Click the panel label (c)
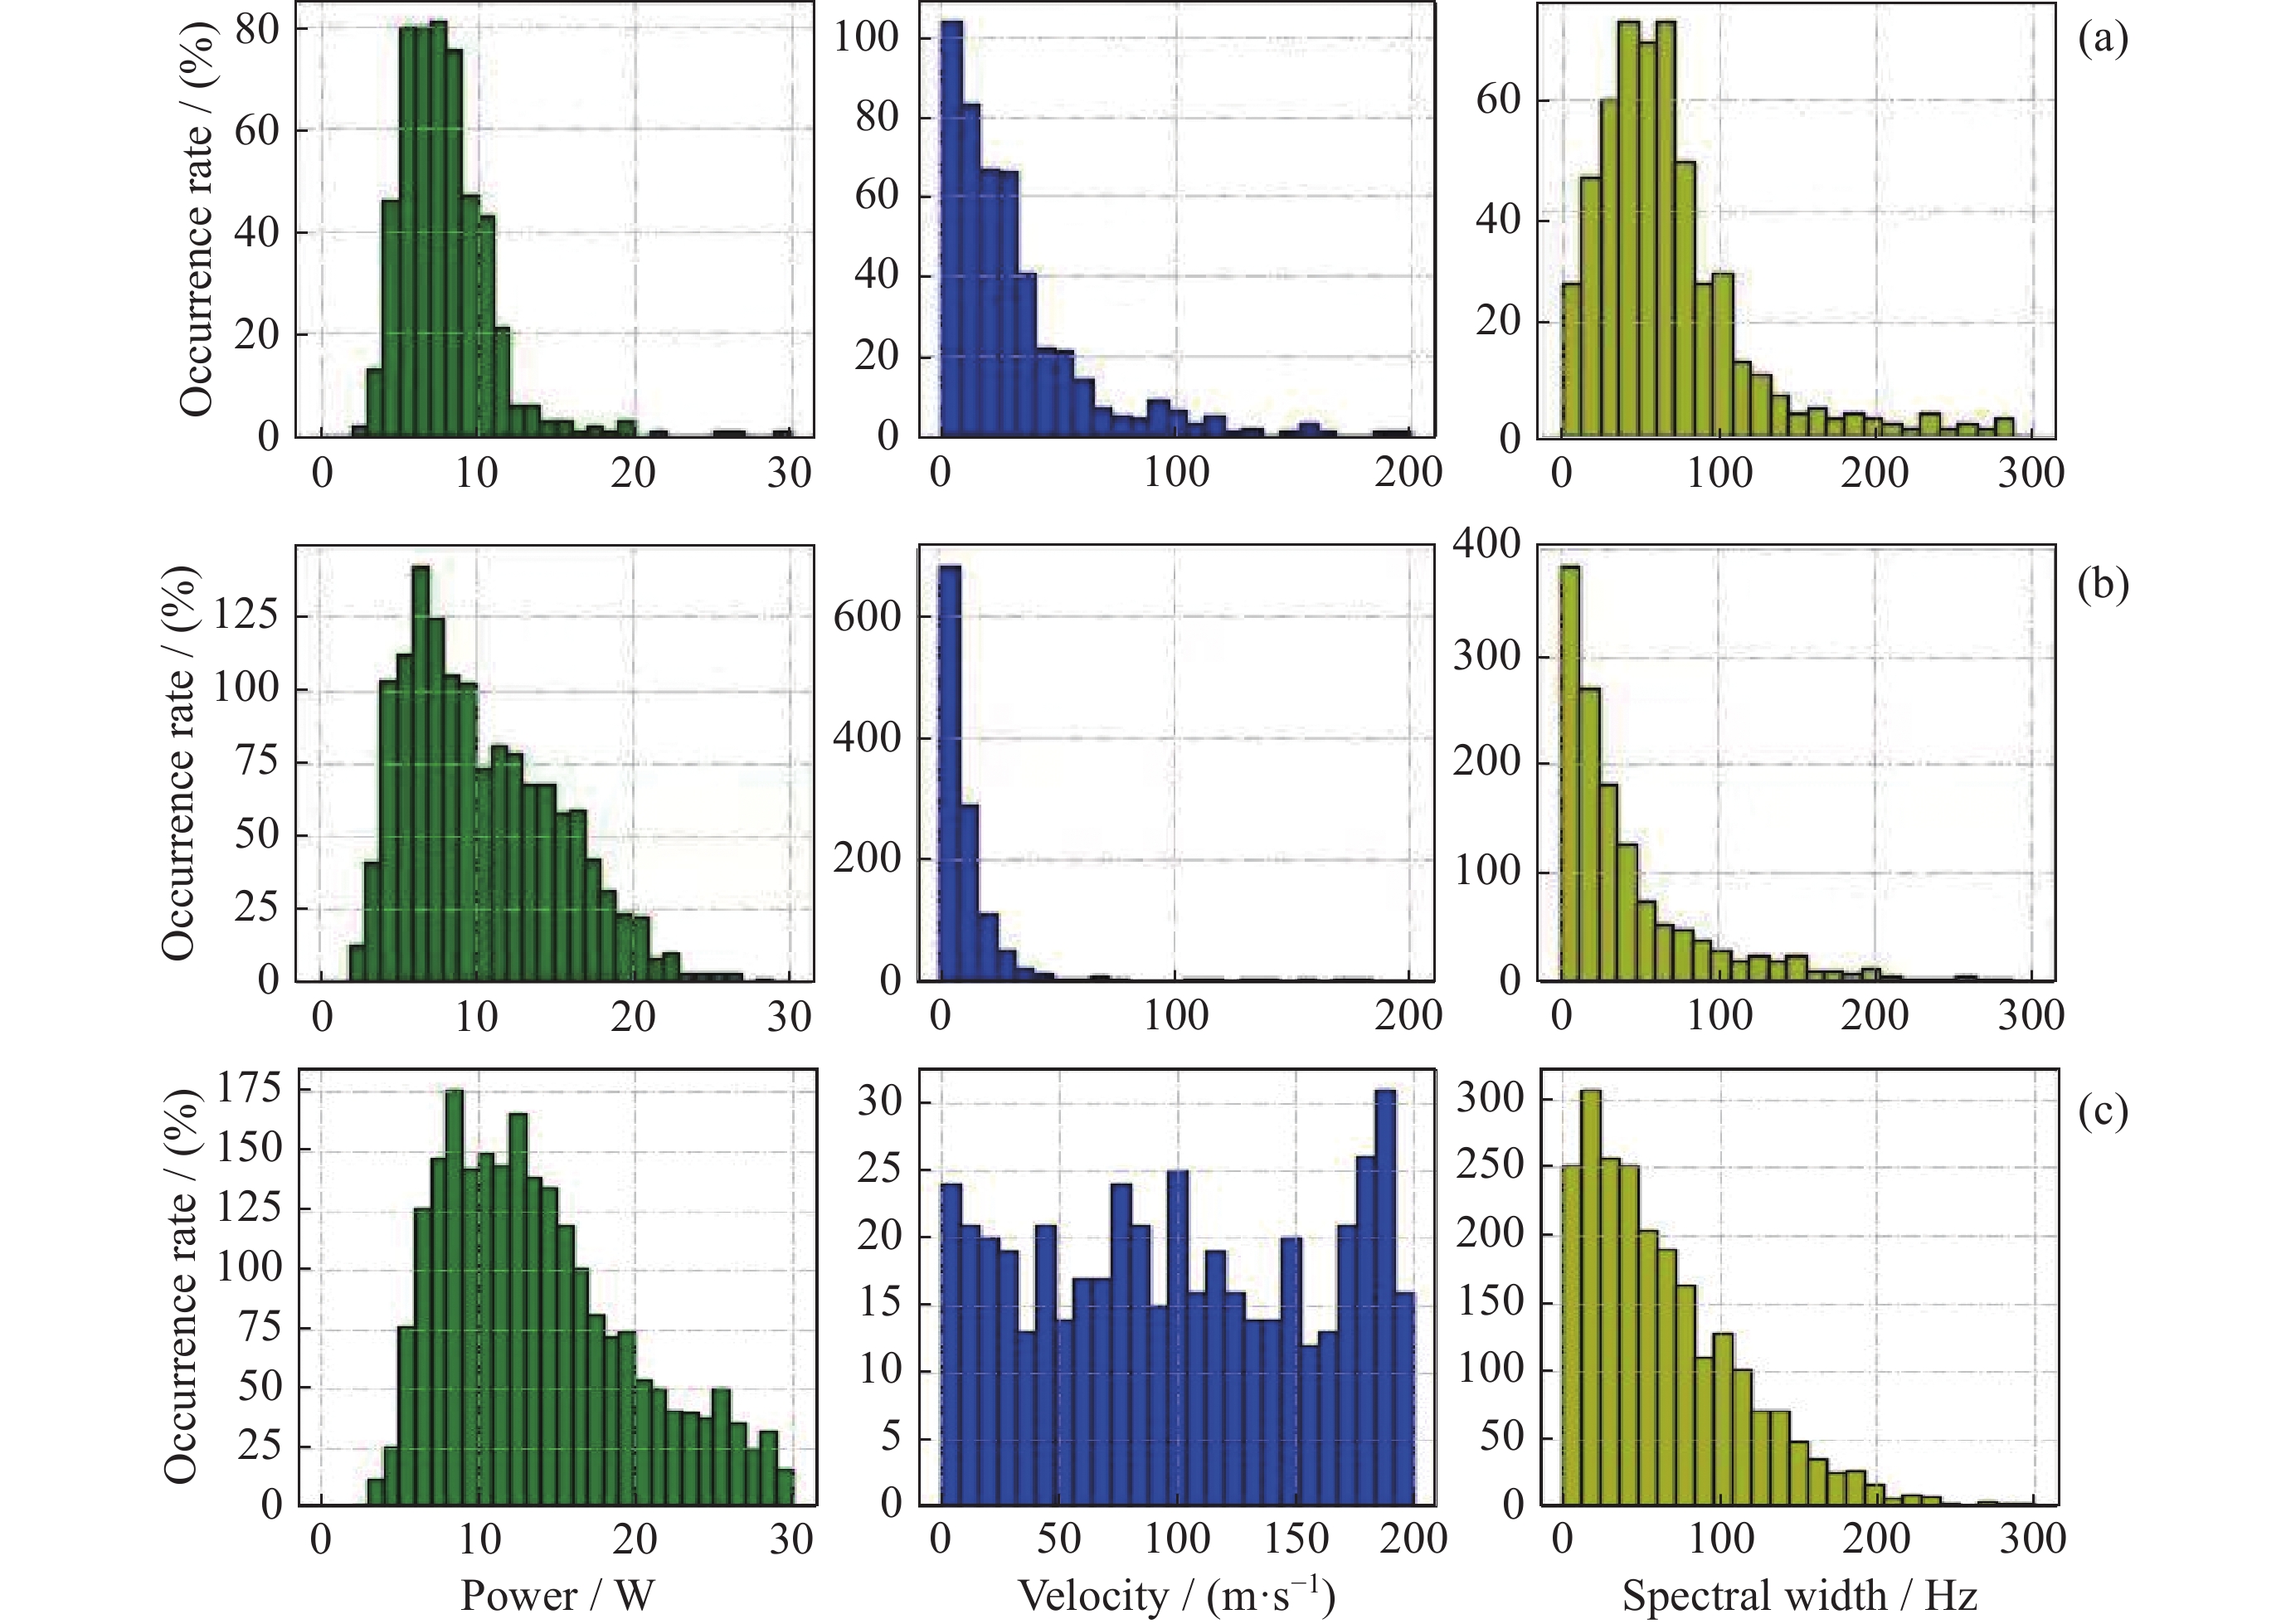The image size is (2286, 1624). tap(2102, 1110)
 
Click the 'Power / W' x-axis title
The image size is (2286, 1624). tap(557, 1594)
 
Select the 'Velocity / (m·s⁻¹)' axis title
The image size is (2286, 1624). tap(1176, 1594)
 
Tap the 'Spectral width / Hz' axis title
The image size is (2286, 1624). tap(1799, 1594)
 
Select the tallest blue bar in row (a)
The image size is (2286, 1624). tap(951, 230)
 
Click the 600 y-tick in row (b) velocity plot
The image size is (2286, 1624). tap(867, 617)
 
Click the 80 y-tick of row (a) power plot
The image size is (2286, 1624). tap(257, 30)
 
